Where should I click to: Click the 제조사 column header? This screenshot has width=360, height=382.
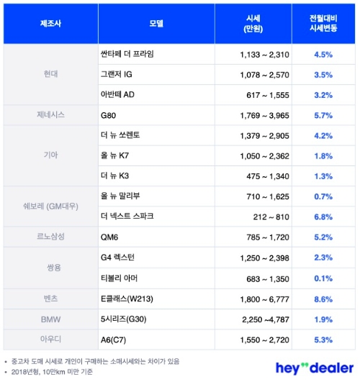tap(50, 23)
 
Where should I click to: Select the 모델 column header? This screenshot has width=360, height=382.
tap(158, 23)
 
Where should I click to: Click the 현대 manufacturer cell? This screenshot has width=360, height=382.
tap(50, 73)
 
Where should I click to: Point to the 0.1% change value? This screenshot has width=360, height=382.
tap(321, 277)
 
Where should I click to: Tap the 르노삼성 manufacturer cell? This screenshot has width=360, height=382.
tap(50, 236)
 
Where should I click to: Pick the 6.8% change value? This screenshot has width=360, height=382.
tap(321, 216)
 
